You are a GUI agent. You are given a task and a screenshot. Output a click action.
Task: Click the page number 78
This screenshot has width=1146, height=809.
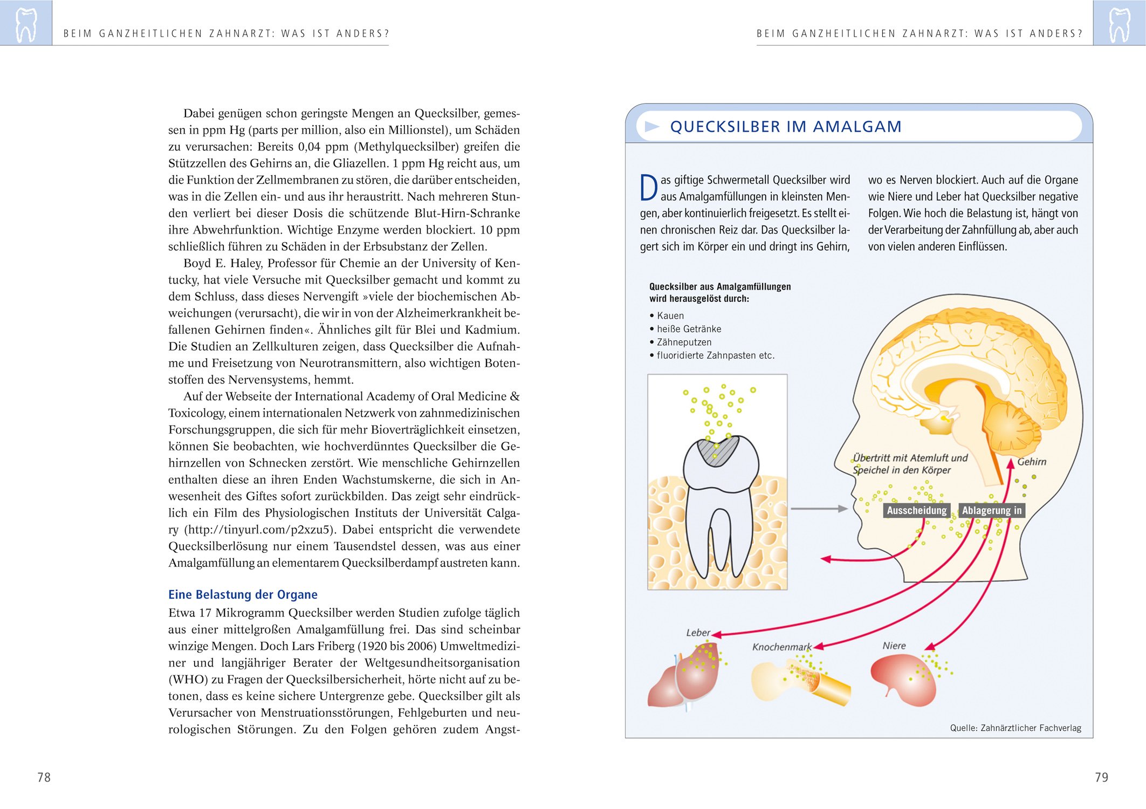(44, 777)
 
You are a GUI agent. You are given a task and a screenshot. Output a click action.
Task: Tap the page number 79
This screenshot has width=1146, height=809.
(1101, 777)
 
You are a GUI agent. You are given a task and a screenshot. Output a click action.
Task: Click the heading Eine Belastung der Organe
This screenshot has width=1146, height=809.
(243, 594)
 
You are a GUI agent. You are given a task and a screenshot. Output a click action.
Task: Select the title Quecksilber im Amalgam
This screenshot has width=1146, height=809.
(785, 127)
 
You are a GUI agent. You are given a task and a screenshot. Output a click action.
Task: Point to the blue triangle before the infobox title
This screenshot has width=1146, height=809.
(652, 127)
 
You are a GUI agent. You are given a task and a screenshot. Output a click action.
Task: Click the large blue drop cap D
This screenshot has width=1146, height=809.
(649, 188)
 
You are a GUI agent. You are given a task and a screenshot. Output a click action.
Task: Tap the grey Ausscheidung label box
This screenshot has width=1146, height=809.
(916, 510)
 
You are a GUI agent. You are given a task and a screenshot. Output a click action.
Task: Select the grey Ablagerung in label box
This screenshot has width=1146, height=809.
(991, 510)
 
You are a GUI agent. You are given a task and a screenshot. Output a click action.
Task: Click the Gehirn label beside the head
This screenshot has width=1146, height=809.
(1032, 462)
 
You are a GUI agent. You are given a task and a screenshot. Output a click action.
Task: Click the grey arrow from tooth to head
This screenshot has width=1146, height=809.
(819, 509)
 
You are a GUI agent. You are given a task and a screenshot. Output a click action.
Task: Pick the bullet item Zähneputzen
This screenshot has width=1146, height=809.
(684, 342)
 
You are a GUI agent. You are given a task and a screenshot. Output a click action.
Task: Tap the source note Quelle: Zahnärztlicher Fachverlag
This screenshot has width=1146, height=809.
(1015, 728)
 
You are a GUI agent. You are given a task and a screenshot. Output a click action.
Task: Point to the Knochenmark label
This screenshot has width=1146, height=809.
(781, 647)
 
